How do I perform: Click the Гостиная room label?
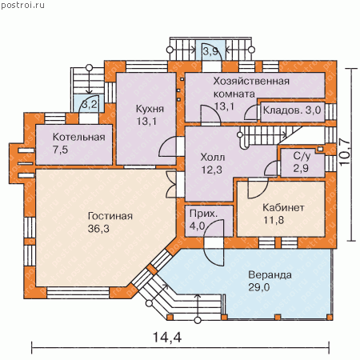point(110,216)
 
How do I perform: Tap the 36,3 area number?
point(98,229)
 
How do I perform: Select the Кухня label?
point(150,109)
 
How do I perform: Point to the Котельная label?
point(79,137)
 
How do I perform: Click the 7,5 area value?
point(60,150)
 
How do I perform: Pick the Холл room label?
point(213,157)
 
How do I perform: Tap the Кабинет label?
point(283,207)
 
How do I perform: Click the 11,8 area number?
point(274,220)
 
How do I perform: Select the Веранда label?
point(270,274)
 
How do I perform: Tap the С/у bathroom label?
point(302,156)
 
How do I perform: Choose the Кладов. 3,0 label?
point(292,110)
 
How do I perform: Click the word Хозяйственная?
point(251,81)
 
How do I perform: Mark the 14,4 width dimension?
point(167,337)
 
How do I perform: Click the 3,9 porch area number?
point(210,51)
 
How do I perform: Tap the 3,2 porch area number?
point(90,104)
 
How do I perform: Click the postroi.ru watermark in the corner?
point(23,5)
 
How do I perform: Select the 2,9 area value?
point(301,168)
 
